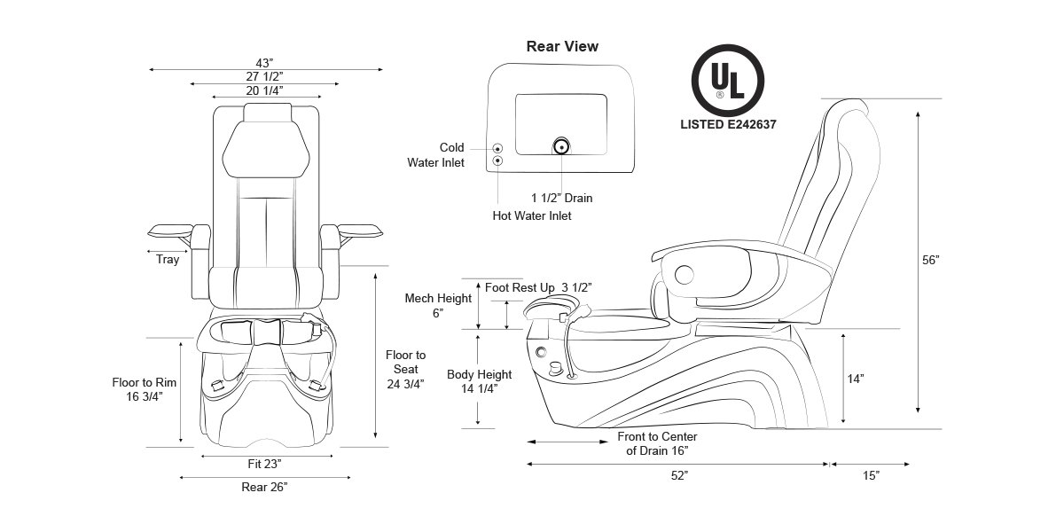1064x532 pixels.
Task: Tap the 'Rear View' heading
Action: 562,46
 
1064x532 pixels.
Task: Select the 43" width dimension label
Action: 264,63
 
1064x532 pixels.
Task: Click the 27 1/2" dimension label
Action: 264,77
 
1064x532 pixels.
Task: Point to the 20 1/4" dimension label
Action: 264,90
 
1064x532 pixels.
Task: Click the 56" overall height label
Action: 930,260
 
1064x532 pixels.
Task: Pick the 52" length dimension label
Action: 679,476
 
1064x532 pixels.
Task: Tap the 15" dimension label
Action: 871,476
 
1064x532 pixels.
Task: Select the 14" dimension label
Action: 855,379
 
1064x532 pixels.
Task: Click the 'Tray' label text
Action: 168,260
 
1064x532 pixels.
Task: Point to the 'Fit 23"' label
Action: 265,464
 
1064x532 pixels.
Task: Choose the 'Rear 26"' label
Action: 264,487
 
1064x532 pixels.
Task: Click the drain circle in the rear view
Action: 561,146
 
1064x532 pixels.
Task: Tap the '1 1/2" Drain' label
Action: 561,198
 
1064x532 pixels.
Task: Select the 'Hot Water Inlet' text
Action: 532,215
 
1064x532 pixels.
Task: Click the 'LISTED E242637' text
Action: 728,125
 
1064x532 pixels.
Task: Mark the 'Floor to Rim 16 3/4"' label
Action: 145,390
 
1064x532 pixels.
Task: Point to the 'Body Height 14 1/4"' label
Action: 479,381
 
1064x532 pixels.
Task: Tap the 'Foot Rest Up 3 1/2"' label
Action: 538,287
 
